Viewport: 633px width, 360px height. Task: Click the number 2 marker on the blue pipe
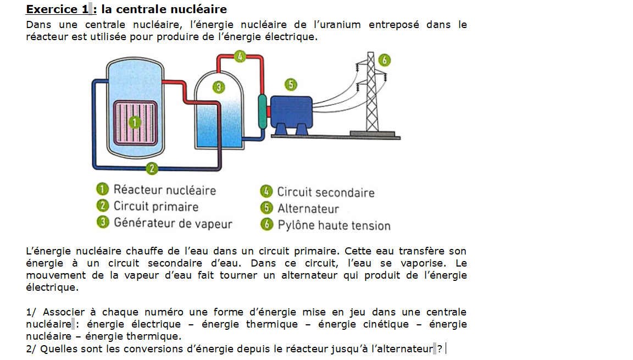click(x=152, y=169)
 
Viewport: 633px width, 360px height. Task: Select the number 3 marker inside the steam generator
click(x=219, y=87)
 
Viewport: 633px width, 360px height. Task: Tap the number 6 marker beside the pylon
click(x=385, y=60)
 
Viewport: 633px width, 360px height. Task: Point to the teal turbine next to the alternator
click(x=262, y=112)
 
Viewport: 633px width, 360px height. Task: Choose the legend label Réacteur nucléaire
click(x=164, y=190)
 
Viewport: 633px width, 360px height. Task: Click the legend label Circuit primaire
click(x=156, y=207)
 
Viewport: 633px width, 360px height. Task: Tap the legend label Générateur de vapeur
click(x=173, y=224)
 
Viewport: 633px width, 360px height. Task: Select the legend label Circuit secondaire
click(x=325, y=192)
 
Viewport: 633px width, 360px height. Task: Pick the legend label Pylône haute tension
click(x=334, y=225)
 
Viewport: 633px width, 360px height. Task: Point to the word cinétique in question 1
click(x=386, y=324)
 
